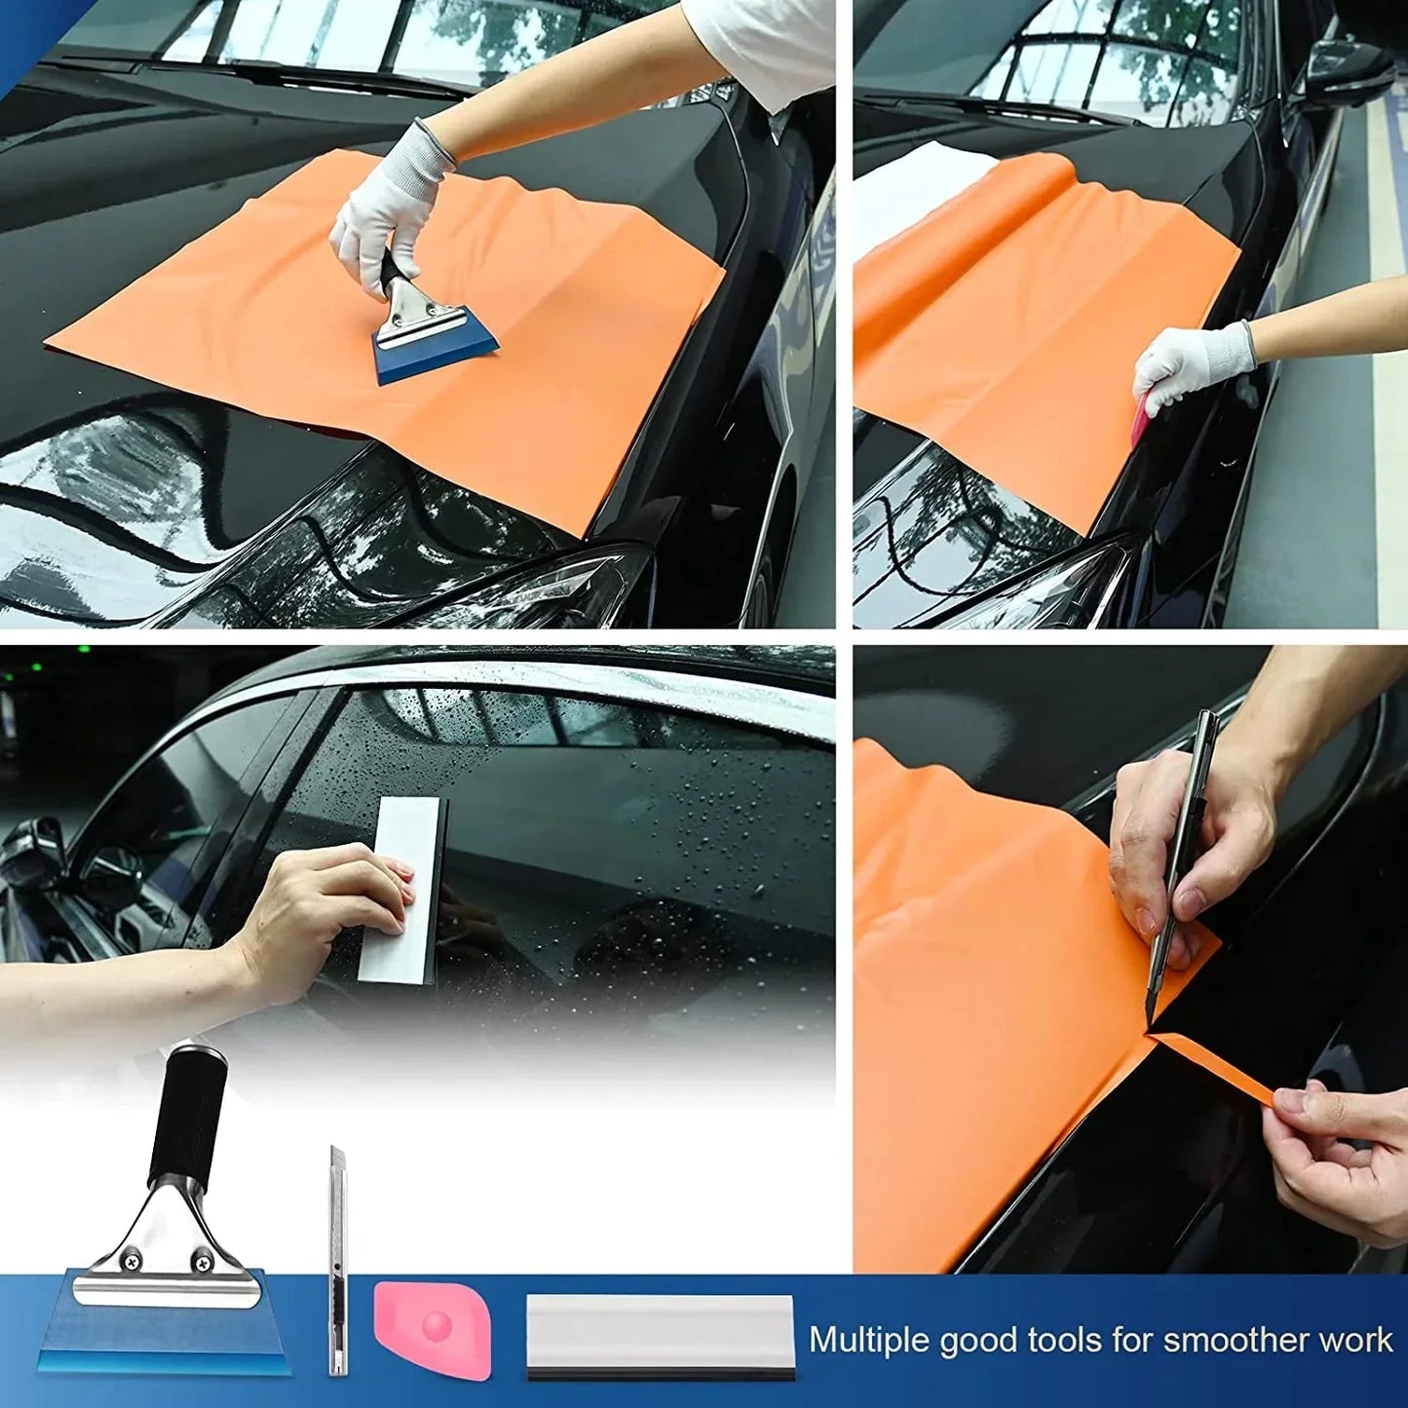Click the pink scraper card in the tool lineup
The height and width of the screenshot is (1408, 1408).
tap(433, 1329)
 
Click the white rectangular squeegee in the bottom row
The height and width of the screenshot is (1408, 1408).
tap(661, 1336)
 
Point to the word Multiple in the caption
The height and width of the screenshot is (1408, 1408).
tap(869, 1340)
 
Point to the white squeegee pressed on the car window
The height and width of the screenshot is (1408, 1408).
tap(401, 887)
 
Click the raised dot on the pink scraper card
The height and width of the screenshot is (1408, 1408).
tap(436, 1323)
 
